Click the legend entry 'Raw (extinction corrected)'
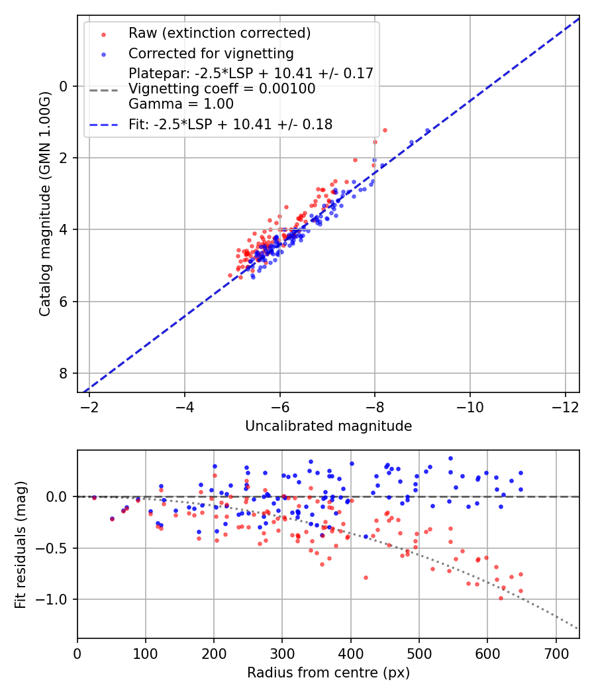point(219,33)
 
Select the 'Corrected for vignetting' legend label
point(211,53)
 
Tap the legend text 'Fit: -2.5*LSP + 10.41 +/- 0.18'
point(230,124)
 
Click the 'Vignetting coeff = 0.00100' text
point(222,88)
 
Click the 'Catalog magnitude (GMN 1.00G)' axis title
point(45,203)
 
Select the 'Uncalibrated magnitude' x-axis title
point(328,426)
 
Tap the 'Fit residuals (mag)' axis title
point(21,544)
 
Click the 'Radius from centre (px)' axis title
point(328,673)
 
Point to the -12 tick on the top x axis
point(565,405)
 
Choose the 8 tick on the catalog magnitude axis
point(64,373)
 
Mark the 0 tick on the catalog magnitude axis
point(64,86)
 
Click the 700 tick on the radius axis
point(556,652)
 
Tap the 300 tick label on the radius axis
point(282,652)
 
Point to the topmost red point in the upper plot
point(385,130)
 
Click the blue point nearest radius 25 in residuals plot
point(94,497)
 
